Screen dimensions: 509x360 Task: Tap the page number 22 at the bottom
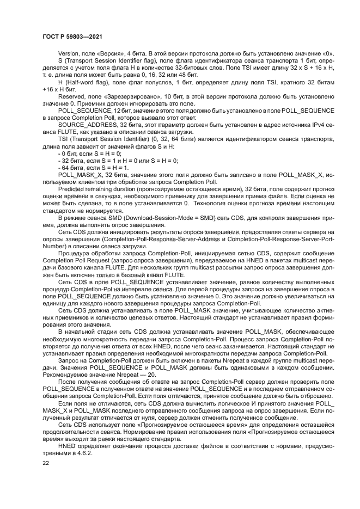(45, 462)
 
